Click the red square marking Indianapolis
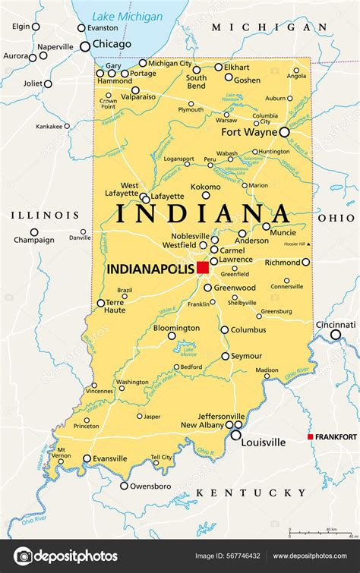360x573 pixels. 202,267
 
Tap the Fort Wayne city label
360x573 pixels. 249,131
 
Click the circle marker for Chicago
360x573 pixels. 85,46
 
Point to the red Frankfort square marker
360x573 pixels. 310,436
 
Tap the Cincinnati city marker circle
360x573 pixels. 335,335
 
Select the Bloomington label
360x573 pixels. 176,328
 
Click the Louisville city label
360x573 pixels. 264,442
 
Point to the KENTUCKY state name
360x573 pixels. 251,493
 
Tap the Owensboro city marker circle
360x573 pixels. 124,486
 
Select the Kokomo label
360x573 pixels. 205,186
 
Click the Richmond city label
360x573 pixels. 282,262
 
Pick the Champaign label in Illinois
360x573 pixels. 34,241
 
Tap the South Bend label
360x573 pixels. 196,82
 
